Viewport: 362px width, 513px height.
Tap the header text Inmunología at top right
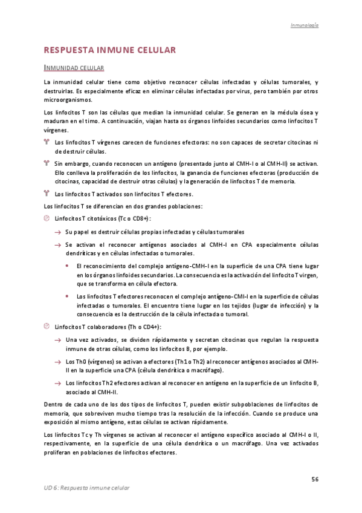pos(305,25)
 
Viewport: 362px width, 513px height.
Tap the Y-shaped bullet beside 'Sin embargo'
pos(47,163)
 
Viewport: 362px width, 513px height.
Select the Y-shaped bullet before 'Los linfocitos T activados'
pos(47,194)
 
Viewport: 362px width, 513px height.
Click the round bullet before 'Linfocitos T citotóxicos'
pos(47,218)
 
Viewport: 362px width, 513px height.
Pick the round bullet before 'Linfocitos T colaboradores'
pos(47,327)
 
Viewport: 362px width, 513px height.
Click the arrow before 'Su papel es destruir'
pos(57,232)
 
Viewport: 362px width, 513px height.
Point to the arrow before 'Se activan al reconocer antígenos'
pos(57,245)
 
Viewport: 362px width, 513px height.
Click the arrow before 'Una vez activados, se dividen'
pos(57,340)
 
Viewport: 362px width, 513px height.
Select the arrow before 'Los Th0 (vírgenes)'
pos(57,362)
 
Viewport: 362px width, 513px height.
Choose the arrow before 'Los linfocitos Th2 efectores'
pos(57,384)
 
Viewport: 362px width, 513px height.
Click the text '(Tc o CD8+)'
pos(131,218)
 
